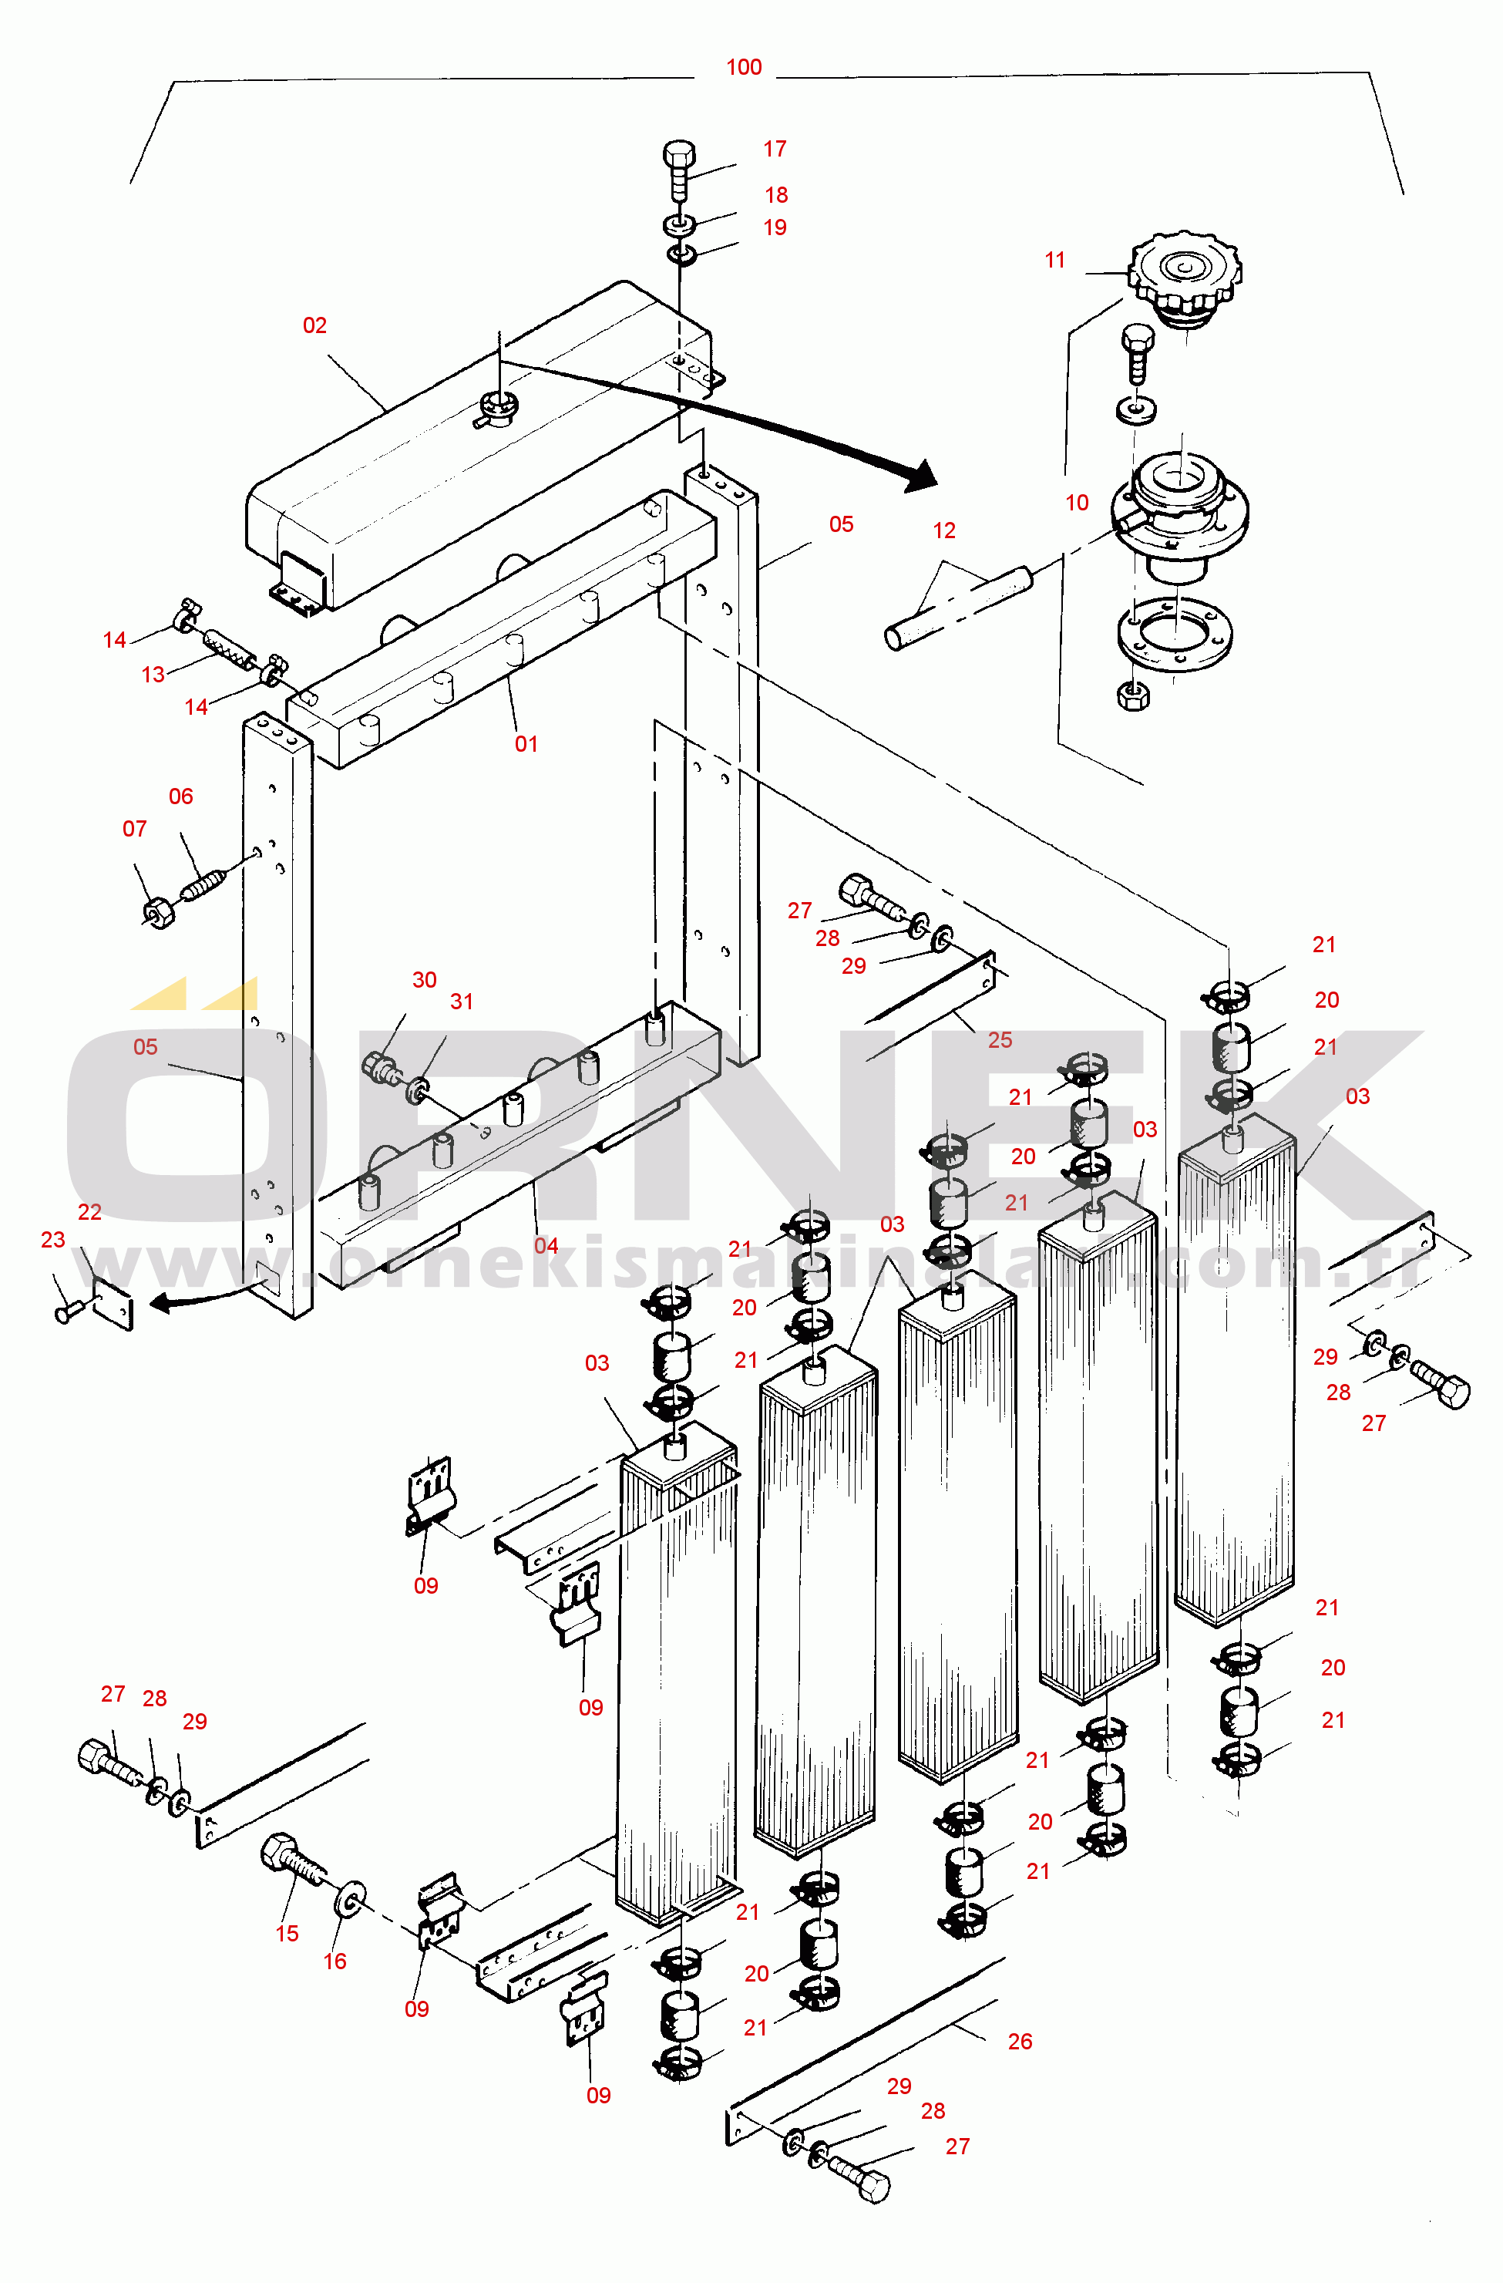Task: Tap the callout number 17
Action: [775, 149]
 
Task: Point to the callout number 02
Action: [314, 326]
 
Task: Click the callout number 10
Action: [1077, 503]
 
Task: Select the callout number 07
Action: [134, 829]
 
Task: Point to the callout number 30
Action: [424, 979]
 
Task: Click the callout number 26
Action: [1020, 2041]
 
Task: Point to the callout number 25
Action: [1000, 1040]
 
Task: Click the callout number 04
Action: [546, 1245]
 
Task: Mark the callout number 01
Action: [526, 743]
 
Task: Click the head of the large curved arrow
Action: [922, 476]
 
